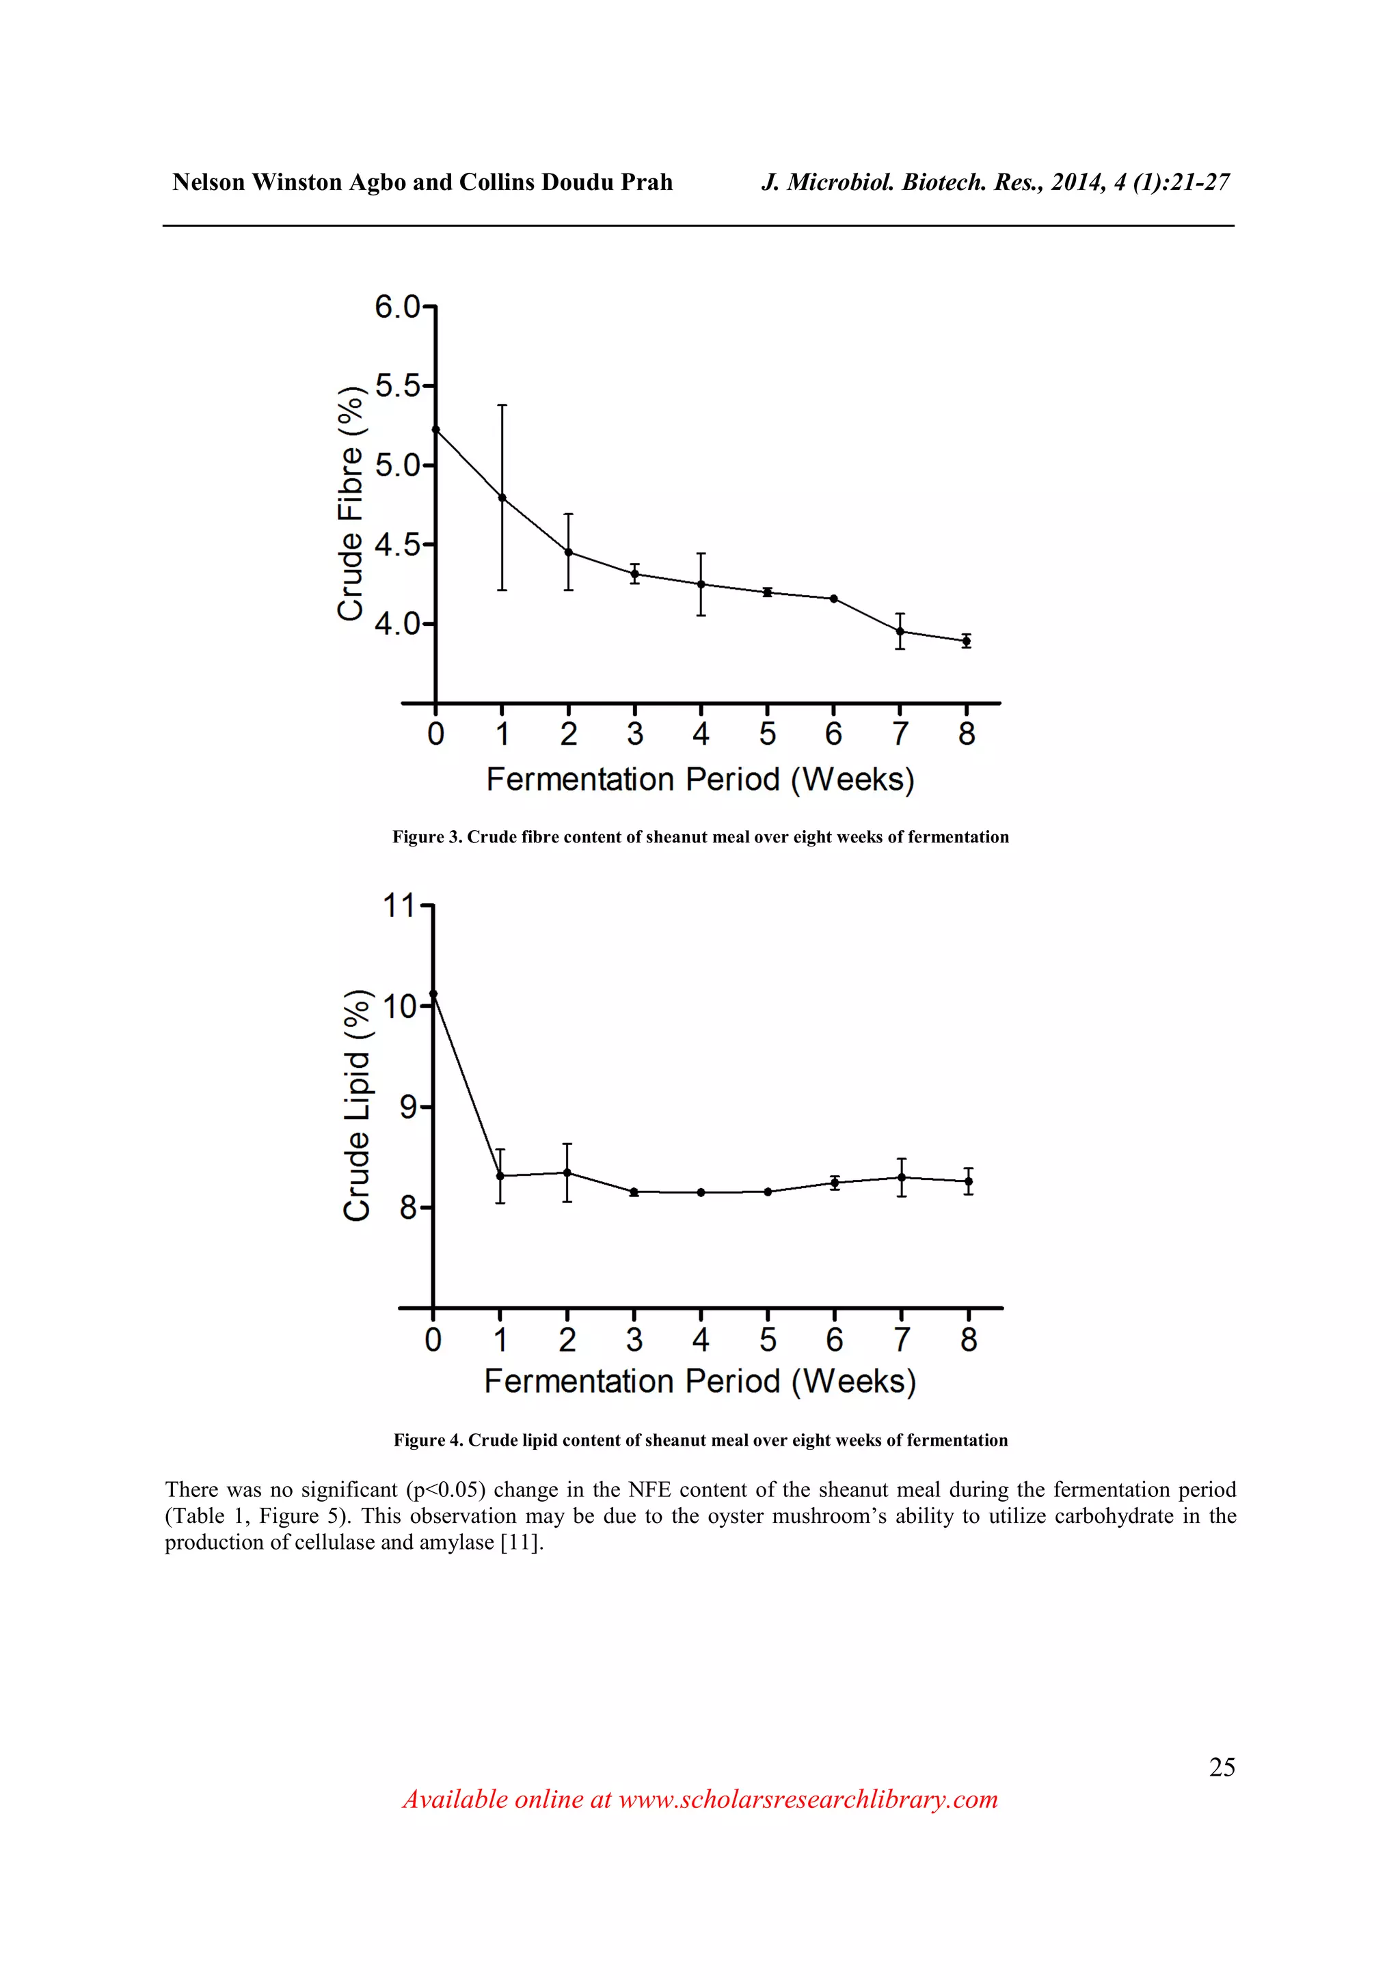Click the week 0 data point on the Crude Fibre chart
click(x=435, y=430)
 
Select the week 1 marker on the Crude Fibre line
click(x=502, y=497)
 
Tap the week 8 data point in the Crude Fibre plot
click(x=966, y=641)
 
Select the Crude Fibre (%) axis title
click(x=350, y=504)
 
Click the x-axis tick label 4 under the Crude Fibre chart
click(x=701, y=734)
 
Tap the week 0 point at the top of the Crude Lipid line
click(x=433, y=993)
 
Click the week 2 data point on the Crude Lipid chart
click(x=567, y=1173)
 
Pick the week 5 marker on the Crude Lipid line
click(x=768, y=1192)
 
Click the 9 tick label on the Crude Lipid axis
click(x=408, y=1106)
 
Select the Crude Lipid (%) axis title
click(x=356, y=1105)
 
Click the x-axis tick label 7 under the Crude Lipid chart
click(x=902, y=1339)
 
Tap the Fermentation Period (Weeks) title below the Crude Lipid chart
click(x=699, y=1381)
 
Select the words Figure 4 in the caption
click(x=428, y=1440)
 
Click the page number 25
click(x=1222, y=1767)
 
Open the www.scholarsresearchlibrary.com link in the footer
click(x=807, y=1799)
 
